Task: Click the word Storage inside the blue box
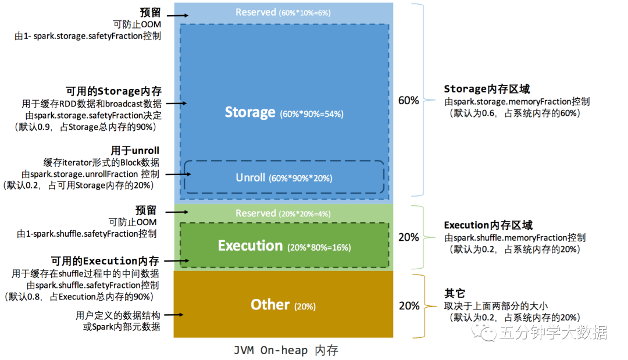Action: [250, 112]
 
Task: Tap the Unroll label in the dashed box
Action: [251, 177]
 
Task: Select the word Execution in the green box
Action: [250, 246]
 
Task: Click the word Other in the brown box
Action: [270, 305]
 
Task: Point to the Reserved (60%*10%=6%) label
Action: [283, 12]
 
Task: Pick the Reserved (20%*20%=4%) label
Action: [283, 213]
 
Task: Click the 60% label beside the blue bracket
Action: [408, 101]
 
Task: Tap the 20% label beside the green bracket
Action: [408, 237]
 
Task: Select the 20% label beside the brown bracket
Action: [408, 306]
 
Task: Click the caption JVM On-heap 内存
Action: [286, 351]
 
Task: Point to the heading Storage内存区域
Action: [487, 89]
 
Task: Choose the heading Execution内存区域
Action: [488, 225]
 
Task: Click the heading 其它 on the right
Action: [455, 294]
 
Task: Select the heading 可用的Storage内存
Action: [113, 91]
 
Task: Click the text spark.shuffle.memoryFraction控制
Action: [515, 237]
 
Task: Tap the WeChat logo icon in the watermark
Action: [483, 332]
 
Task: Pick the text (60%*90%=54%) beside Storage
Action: [312, 114]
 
